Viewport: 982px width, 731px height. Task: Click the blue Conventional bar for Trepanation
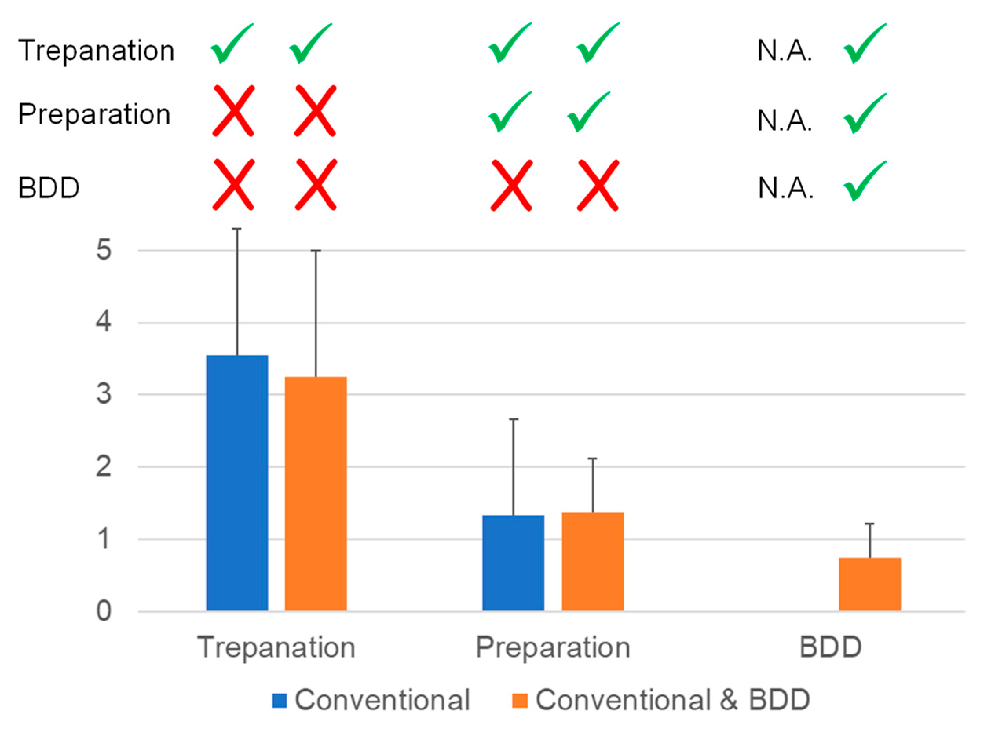coord(237,482)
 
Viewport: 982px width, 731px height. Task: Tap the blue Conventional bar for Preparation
coord(513,563)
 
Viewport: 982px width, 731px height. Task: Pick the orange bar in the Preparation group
coord(592,561)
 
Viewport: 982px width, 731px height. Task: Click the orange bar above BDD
coord(870,584)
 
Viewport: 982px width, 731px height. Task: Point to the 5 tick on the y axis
coord(104,250)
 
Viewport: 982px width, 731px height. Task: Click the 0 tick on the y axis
coord(104,612)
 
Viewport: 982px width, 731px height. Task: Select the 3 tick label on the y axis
coord(104,394)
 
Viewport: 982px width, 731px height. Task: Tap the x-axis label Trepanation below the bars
coord(276,648)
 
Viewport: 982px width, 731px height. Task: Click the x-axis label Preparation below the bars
coord(553,648)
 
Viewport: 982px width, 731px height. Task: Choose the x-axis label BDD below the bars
coord(830,648)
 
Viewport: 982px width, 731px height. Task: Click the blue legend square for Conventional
coord(280,700)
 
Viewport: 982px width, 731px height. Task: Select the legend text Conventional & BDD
coord(673,700)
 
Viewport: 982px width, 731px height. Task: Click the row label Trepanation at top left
coord(96,50)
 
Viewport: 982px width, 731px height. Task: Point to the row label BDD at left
coord(49,188)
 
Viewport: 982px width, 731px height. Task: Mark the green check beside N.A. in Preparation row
coord(864,114)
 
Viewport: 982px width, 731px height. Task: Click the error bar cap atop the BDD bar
coord(870,524)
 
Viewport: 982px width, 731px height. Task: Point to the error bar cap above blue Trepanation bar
coord(237,229)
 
